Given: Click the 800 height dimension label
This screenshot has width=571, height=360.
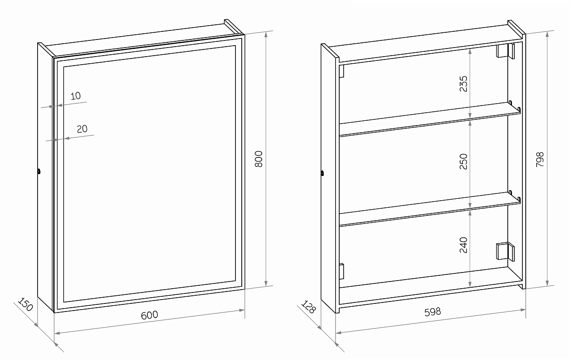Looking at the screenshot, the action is point(258,159).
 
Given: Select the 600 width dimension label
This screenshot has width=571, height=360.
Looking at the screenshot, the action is point(149,315).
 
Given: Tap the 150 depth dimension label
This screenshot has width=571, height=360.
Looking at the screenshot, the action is point(25,304).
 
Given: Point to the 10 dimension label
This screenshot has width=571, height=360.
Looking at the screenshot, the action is point(76,96).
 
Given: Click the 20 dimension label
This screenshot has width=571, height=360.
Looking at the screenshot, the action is point(82,129).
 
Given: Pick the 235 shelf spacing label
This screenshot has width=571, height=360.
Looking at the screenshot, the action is point(463,84).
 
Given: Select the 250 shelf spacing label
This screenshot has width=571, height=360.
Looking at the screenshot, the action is point(463,162).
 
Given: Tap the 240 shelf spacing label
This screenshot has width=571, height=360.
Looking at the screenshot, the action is point(463,245).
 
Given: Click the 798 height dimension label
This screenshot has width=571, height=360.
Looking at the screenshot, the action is point(540,159).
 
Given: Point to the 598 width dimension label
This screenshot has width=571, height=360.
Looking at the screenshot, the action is point(433,312).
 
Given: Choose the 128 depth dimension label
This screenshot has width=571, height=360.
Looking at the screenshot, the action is point(308,307).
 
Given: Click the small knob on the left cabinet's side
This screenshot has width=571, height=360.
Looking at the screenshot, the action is point(39,171).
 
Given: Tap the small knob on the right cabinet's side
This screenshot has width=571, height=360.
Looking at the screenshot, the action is point(322,173).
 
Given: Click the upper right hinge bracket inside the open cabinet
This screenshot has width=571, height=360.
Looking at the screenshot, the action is point(505,51).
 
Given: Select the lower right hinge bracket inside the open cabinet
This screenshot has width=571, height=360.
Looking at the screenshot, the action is point(505,252).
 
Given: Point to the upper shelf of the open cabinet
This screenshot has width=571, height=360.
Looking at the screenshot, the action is point(430,119).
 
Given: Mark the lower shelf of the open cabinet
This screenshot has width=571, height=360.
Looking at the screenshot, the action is point(430,209).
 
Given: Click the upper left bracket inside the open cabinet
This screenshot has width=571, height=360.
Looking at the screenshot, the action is point(341,71).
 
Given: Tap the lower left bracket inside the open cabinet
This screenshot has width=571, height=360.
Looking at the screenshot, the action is point(341,272).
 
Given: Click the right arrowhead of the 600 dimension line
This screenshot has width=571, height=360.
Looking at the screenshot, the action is point(242,310).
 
